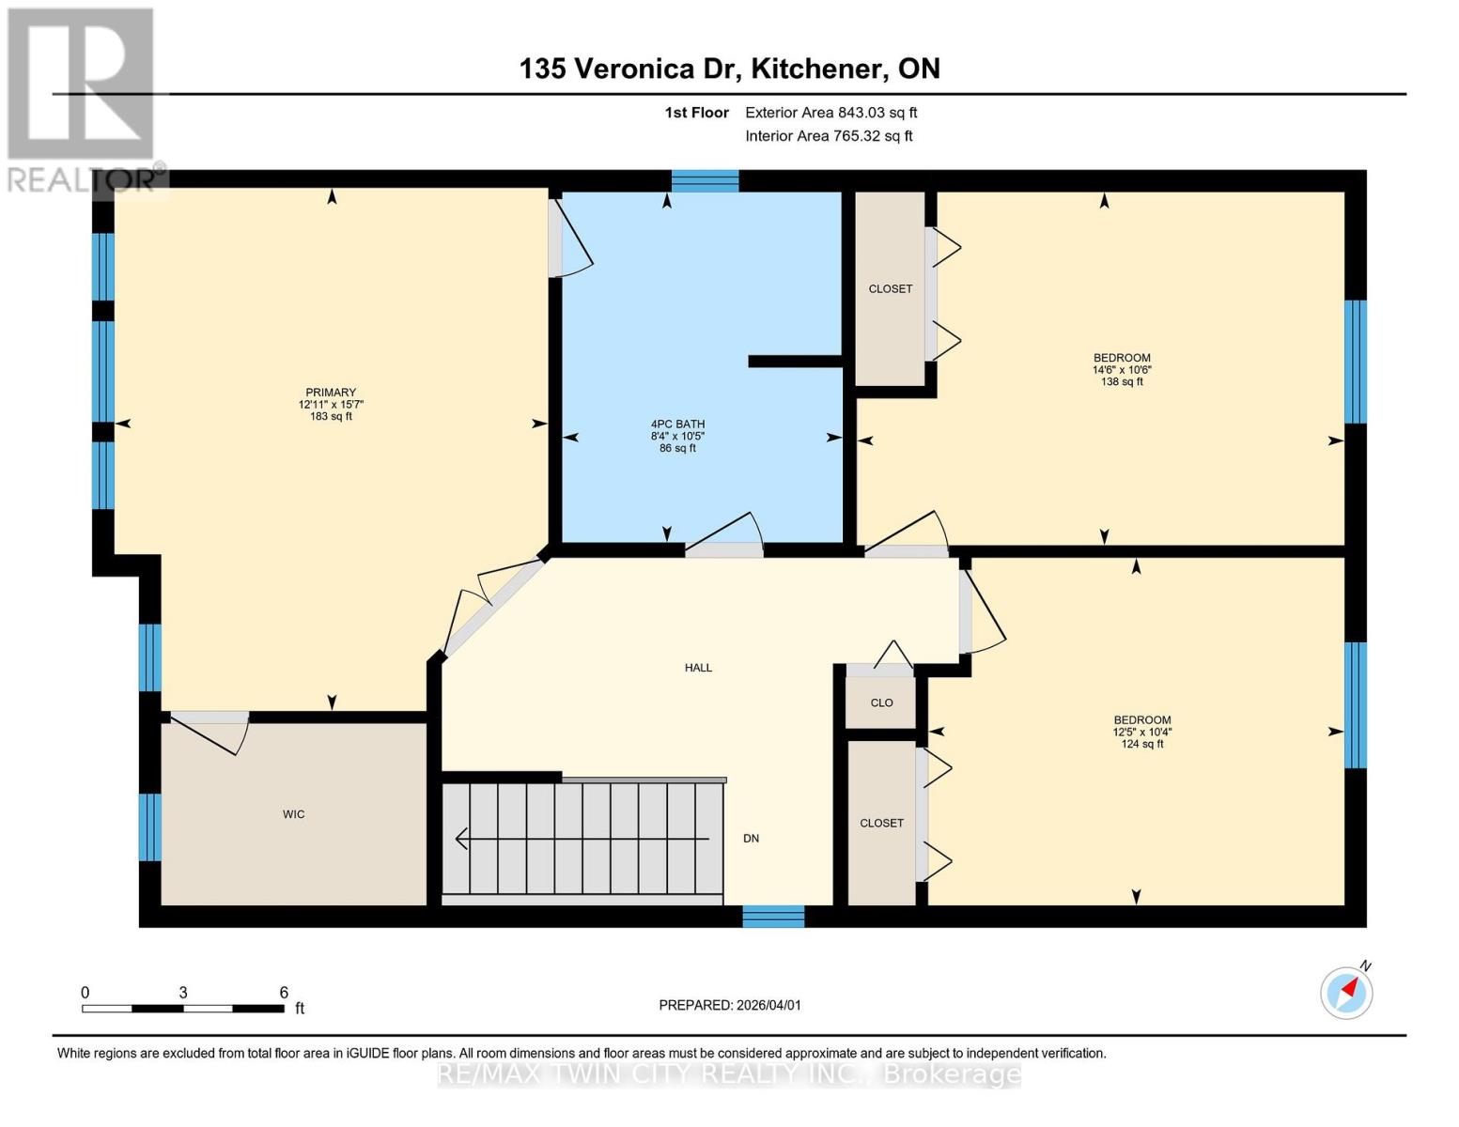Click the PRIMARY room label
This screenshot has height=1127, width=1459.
pos(331,393)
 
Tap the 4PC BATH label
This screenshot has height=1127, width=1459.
pos(677,425)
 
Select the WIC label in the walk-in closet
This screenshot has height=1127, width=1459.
pos(293,814)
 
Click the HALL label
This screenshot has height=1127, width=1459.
pos(698,668)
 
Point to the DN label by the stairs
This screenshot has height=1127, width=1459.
pos(751,839)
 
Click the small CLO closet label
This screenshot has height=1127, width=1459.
pos(881,702)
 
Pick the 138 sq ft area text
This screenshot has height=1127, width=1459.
pos(1122,382)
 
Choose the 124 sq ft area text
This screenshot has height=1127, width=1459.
pos(1141,744)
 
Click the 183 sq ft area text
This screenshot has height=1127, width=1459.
pos(331,416)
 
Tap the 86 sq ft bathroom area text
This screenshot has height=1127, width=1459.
pos(677,449)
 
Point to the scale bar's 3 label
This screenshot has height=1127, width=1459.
pos(183,993)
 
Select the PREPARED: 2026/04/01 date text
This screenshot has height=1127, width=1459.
pos(730,1005)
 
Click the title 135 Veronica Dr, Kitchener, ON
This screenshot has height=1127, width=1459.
pos(729,69)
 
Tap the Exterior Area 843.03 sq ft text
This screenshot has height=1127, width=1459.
pos(830,113)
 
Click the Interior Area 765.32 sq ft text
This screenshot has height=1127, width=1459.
pos(829,136)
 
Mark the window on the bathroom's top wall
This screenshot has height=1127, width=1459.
pos(705,181)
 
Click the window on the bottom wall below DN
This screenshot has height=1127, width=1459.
pos(773,916)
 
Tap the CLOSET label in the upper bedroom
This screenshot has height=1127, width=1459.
pos(890,289)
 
